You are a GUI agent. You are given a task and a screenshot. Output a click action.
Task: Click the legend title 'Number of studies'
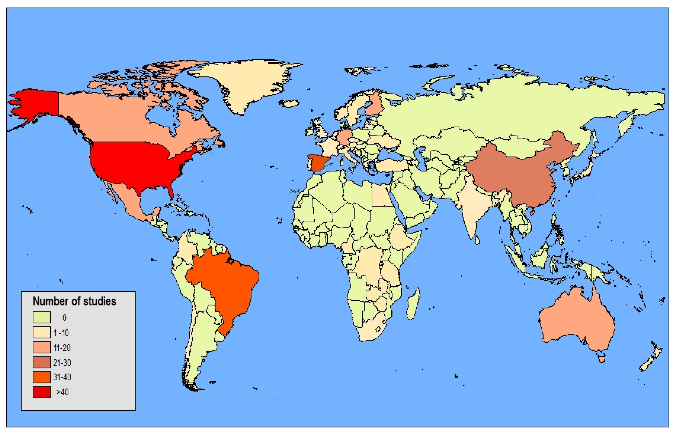click(x=74, y=301)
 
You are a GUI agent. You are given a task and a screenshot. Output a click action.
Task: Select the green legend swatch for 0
click(x=42, y=317)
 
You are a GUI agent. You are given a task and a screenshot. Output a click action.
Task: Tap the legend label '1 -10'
click(x=61, y=333)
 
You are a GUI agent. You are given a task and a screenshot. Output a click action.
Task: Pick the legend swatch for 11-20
click(x=42, y=347)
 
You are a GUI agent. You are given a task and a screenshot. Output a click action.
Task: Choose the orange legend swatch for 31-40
click(x=42, y=377)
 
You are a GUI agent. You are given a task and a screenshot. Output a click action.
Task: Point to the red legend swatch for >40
click(x=42, y=392)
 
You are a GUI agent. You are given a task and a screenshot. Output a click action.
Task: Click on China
click(x=520, y=174)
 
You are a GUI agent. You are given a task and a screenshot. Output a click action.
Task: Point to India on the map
click(x=472, y=208)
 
